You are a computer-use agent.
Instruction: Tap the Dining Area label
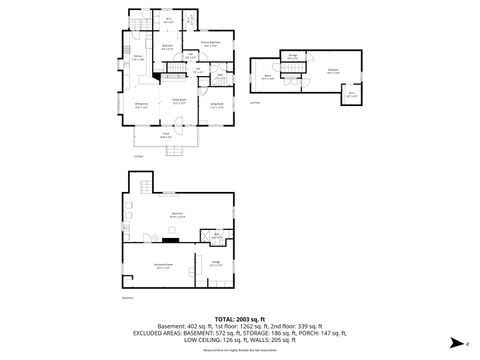pyautogui.click(x=142, y=104)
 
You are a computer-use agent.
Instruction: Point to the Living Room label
pyautogui.click(x=216, y=103)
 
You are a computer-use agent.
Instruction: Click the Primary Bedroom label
pyautogui.click(x=211, y=44)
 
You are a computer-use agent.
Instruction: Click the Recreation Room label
pyautogui.click(x=162, y=265)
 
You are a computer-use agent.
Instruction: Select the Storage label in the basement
pyautogui.click(x=215, y=264)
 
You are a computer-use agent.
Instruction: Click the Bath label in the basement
pyautogui.click(x=216, y=237)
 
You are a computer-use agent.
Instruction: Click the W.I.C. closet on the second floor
pyautogui.click(x=352, y=95)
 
